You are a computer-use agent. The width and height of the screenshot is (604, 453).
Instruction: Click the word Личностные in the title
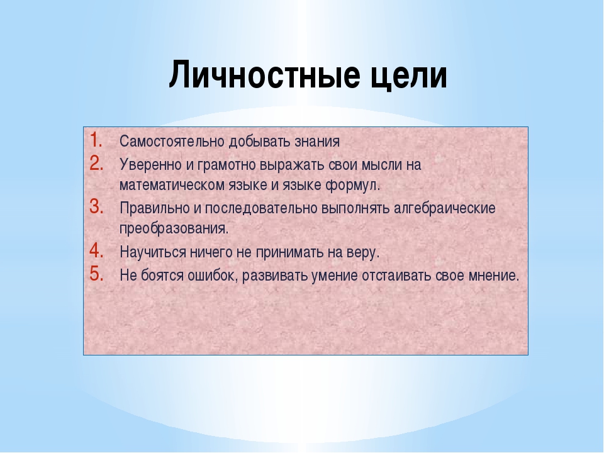pyautogui.click(x=263, y=74)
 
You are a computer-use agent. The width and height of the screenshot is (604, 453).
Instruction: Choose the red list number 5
pyautogui.click(x=96, y=274)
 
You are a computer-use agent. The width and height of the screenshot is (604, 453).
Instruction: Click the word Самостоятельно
pyautogui.click(x=172, y=142)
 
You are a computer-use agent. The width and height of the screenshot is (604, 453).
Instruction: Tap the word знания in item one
pyautogui.click(x=317, y=142)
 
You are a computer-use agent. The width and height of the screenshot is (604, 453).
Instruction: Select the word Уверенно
pyautogui.click(x=151, y=165)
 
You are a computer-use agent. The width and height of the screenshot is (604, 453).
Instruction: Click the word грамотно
pyautogui.click(x=226, y=165)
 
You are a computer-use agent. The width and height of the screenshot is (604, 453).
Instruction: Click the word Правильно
pyautogui.click(x=155, y=208)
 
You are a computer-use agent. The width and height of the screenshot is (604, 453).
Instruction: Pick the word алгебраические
pyautogui.click(x=445, y=208)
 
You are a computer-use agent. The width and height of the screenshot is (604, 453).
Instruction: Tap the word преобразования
pyautogui.click(x=174, y=228)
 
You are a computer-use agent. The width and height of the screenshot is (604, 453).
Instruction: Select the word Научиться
pyautogui.click(x=153, y=253)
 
